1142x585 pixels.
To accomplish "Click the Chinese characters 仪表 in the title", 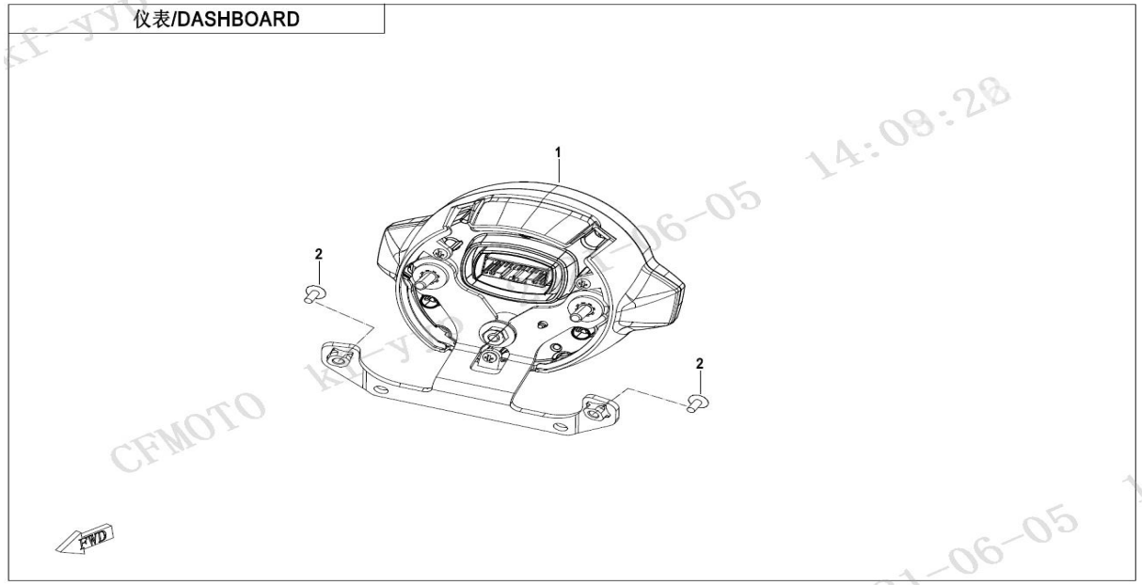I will [x=151, y=19].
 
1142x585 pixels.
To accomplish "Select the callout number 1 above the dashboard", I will [x=558, y=152].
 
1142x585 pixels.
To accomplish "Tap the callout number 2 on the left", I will [x=318, y=255].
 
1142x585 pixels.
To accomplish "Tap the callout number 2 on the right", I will [x=699, y=363].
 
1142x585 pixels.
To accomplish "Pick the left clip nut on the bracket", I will [x=340, y=355].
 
